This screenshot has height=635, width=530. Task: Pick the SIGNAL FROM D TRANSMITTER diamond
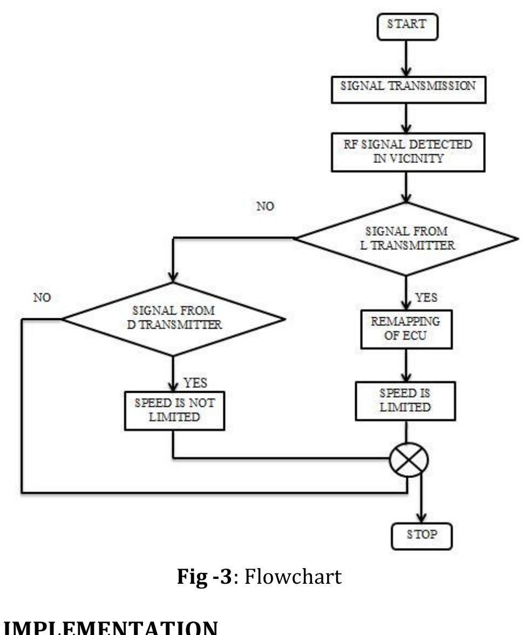[173, 318]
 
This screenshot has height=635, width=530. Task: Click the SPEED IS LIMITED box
[405, 401]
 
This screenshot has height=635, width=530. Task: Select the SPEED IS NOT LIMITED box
[174, 411]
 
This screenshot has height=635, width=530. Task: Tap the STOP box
[422, 536]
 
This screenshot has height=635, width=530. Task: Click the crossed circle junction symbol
[409, 459]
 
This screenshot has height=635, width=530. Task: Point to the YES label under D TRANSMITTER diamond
[195, 383]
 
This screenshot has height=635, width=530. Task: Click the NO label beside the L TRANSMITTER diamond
[265, 206]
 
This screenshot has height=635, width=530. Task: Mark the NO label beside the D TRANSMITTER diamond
[42, 297]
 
